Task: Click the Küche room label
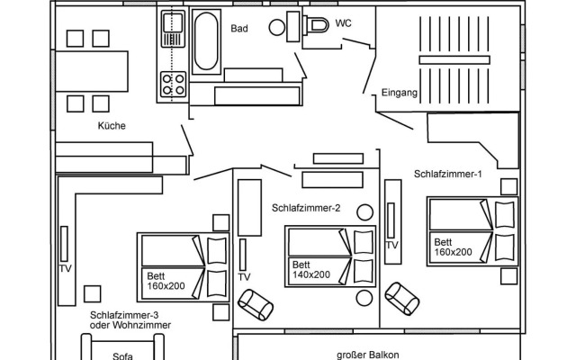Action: (112, 126)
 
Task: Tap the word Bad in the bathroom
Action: (238, 29)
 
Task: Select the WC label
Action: (343, 23)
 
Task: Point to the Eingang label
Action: (400, 92)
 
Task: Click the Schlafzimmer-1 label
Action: (448, 173)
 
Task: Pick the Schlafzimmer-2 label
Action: (306, 208)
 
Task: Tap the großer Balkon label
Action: (365, 355)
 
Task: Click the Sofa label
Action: (123, 355)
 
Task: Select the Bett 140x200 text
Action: (310, 270)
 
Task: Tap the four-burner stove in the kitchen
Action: (173, 85)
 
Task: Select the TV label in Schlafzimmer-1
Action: (391, 245)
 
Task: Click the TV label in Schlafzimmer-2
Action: (244, 276)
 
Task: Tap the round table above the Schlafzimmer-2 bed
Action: (364, 212)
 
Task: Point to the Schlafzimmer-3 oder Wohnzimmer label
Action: (130, 319)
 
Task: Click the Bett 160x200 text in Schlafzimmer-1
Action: (453, 247)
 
